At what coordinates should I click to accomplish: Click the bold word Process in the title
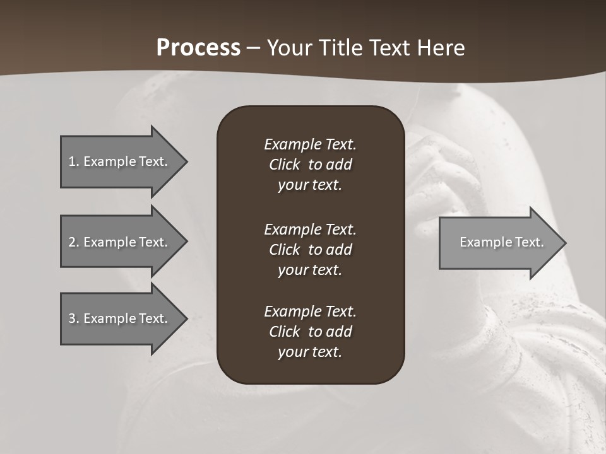coord(198,48)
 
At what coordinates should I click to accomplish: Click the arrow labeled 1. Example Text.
coord(120,161)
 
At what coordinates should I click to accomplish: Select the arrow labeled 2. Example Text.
coord(120,242)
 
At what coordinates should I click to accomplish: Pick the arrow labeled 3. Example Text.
coord(120,318)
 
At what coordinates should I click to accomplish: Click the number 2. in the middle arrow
coord(73,242)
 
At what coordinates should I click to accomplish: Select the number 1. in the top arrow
coord(73,161)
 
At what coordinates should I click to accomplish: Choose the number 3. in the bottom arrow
coord(73,318)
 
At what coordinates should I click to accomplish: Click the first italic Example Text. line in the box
coord(310,144)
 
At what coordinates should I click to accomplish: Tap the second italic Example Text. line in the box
coord(310,229)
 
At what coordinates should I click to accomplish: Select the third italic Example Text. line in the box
coord(310,311)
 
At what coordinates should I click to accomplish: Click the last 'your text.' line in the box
coord(310,352)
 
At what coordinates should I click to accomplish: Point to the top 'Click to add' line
coord(310,165)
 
